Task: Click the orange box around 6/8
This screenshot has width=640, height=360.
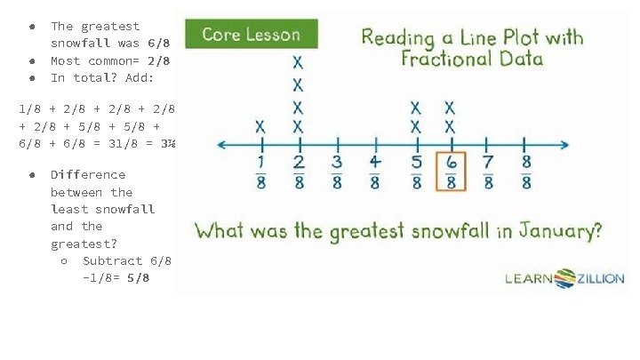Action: tap(451, 172)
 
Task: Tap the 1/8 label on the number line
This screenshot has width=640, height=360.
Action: tap(261, 172)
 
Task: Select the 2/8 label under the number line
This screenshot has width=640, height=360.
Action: tap(300, 172)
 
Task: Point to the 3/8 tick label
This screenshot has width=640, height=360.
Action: tap(337, 172)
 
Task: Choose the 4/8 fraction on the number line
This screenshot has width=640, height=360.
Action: tap(375, 172)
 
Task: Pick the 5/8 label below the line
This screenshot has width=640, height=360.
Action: tap(414, 172)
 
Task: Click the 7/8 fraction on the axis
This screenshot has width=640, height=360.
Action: tap(488, 172)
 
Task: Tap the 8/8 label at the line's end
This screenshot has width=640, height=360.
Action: tap(526, 172)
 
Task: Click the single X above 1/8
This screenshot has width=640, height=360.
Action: tap(260, 126)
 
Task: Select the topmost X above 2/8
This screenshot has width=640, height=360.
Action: tap(298, 63)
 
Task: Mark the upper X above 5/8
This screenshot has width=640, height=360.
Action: tap(415, 107)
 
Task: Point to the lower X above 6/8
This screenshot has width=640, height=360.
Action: tap(451, 126)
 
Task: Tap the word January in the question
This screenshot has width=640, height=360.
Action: tap(553, 231)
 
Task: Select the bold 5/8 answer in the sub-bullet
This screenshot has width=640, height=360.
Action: tap(138, 278)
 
